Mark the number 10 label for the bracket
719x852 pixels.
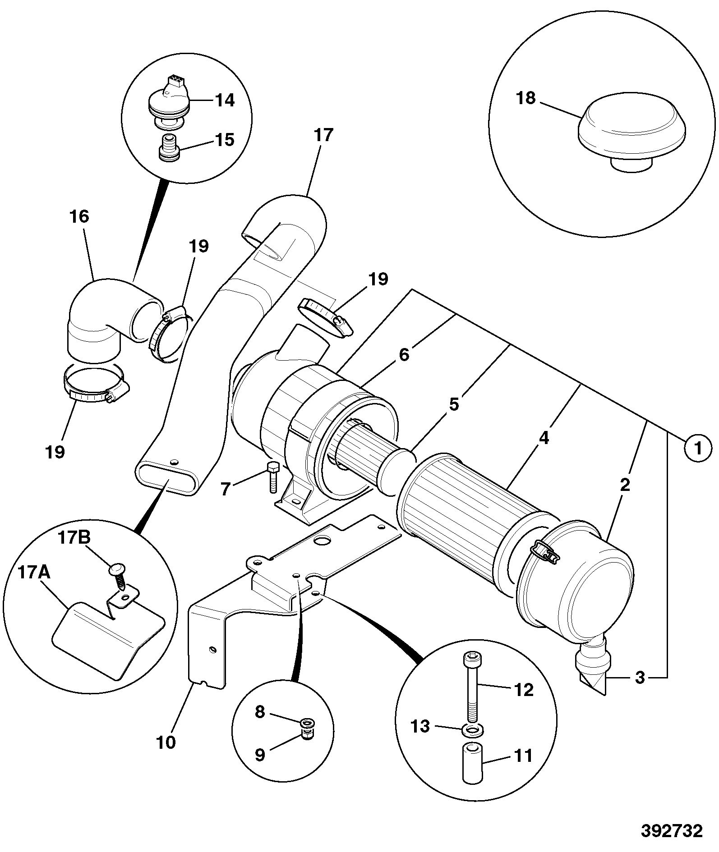[166, 742]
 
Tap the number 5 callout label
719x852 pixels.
[454, 404]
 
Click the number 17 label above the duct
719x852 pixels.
[323, 135]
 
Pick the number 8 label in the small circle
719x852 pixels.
[260, 712]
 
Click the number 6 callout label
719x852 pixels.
[404, 355]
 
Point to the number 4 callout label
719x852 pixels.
[544, 438]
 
